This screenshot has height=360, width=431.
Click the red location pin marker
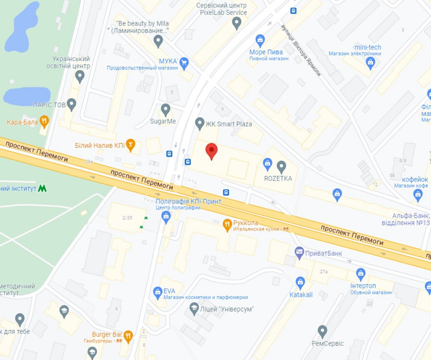211,151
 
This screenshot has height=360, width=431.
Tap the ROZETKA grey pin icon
281,166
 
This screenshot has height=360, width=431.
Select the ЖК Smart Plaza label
228,124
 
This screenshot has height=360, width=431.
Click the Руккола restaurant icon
227,224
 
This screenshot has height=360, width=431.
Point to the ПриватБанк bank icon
299,251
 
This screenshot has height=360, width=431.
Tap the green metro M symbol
42,188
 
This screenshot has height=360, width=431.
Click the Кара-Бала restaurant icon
44,121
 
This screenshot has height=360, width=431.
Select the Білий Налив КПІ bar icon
131,144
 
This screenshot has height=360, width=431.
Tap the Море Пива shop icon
260,41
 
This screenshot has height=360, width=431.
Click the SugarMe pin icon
166,109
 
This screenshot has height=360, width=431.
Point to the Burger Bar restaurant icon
128,335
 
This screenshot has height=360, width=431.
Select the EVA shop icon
158,292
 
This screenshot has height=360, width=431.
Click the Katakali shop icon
300,282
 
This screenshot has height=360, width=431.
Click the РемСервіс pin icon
322,331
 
